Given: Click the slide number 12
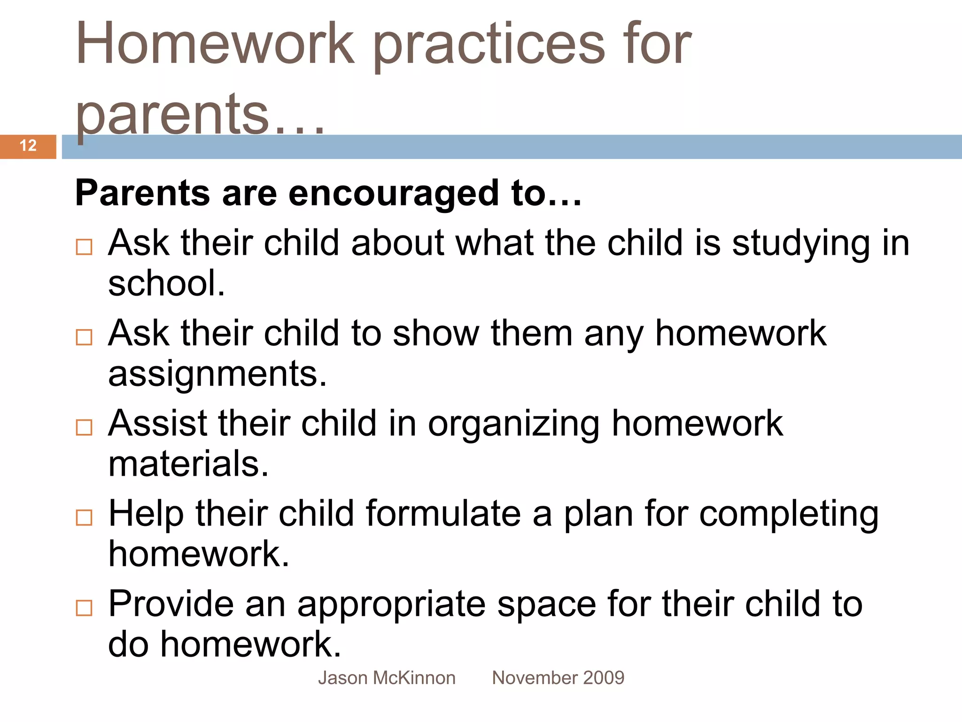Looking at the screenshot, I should pos(28,146).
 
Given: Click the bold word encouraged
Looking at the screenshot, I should pos(393,194).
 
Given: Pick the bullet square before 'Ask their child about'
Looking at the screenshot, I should pos(84,247).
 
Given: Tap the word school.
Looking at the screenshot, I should pos(166,283).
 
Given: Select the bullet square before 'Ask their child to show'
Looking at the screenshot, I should pos(84,337).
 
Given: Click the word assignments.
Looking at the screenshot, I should pos(217,374).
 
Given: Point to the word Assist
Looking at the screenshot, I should pos(158,423).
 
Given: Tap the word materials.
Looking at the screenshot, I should pos(188,464).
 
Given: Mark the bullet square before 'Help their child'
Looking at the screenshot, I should pos(84,518).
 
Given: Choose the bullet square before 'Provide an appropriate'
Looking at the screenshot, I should pos(84,608).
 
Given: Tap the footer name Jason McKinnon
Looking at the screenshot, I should pos(387,678).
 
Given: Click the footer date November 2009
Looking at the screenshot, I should pos(558,678).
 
